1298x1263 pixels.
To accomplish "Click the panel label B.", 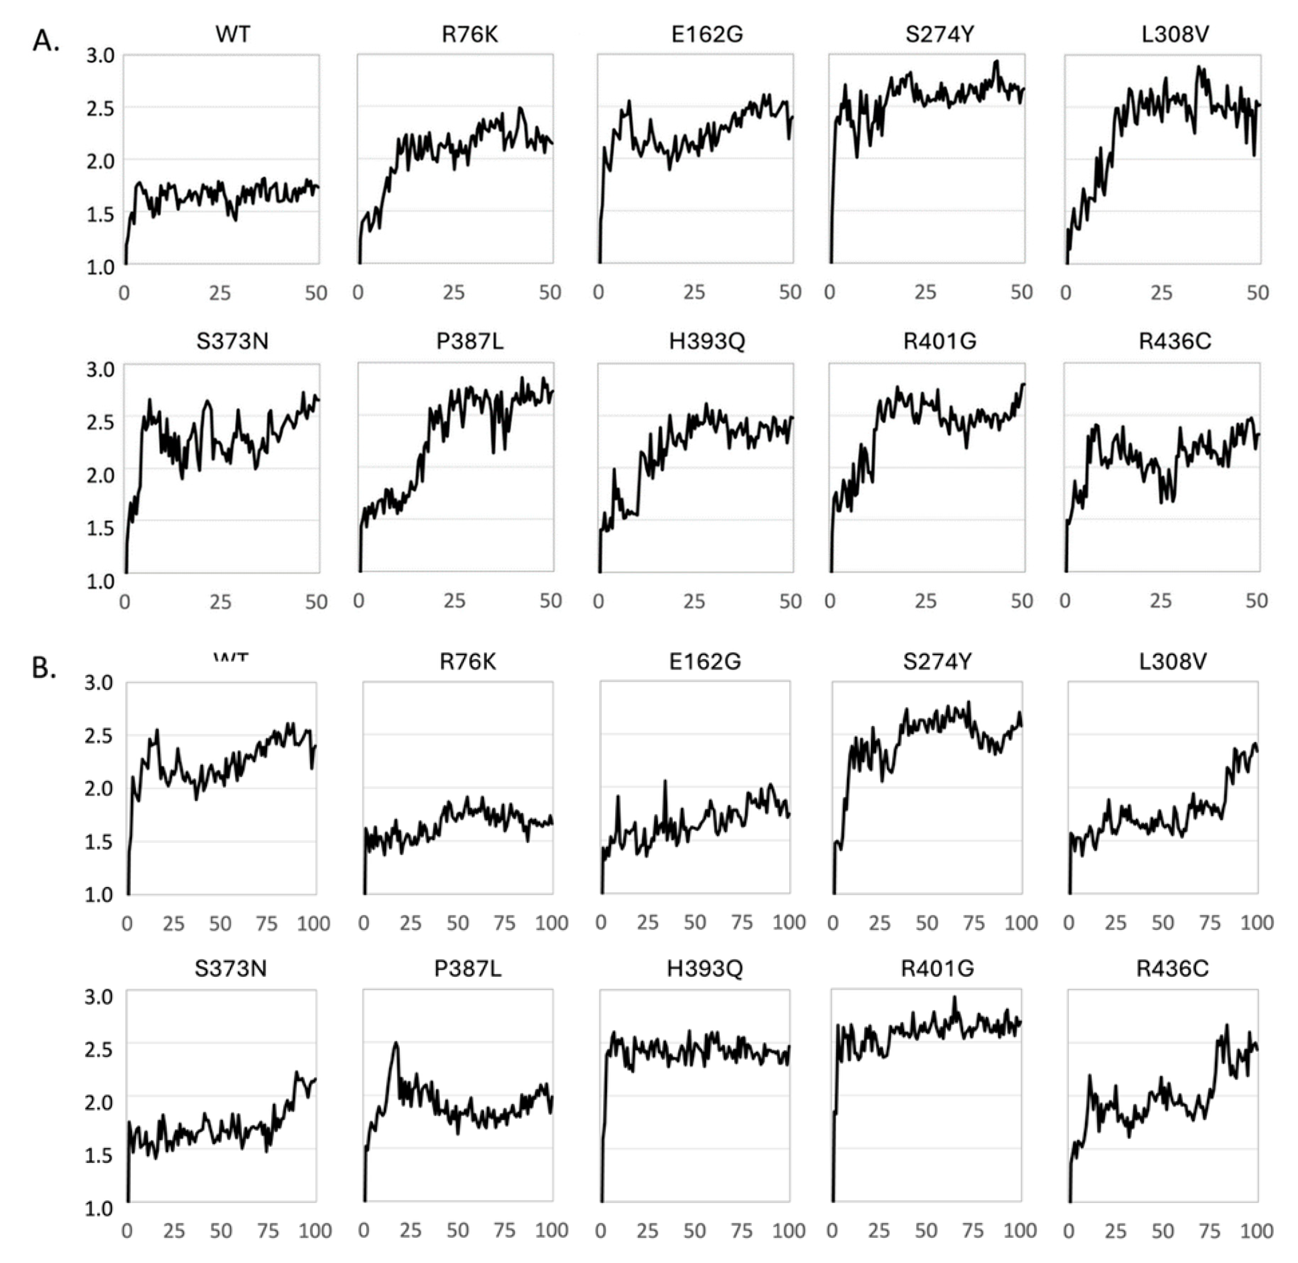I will pos(44,669).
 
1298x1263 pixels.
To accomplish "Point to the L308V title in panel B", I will pos(1173,662).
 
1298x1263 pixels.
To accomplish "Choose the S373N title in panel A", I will pos(232,342).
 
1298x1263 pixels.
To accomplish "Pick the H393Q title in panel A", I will pos(707,342).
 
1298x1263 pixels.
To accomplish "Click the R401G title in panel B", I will pos(937,969).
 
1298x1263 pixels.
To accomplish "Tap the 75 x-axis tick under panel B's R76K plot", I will pos(505,923).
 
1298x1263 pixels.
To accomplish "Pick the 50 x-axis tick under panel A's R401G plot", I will pos(1021,601).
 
